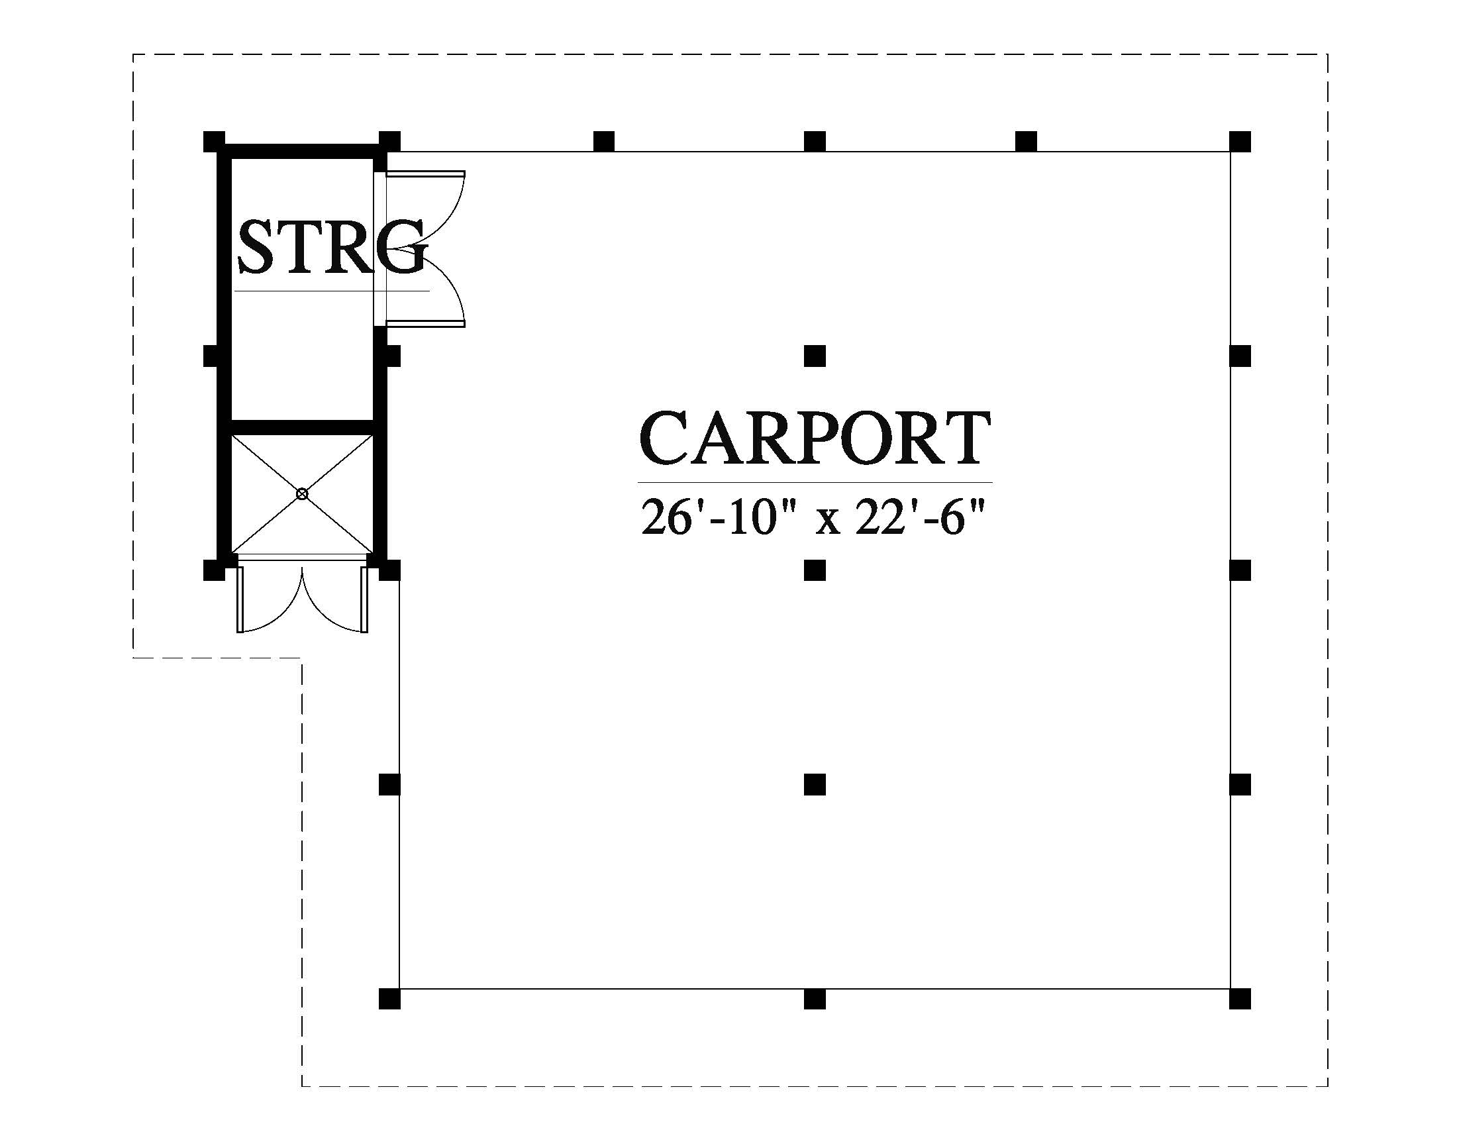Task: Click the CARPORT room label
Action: (x=815, y=438)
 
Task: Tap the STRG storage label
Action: (x=332, y=248)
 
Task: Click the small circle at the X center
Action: (x=302, y=493)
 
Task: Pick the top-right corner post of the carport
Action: (x=1240, y=142)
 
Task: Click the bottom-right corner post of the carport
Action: (x=1240, y=999)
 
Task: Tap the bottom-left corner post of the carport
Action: (x=389, y=999)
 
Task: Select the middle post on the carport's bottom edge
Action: (x=815, y=999)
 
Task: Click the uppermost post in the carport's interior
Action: (x=815, y=356)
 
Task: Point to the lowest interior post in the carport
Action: (x=815, y=784)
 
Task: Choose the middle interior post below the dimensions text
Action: (x=815, y=570)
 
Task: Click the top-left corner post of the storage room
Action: (x=213, y=142)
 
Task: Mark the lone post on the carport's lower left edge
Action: (x=389, y=784)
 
